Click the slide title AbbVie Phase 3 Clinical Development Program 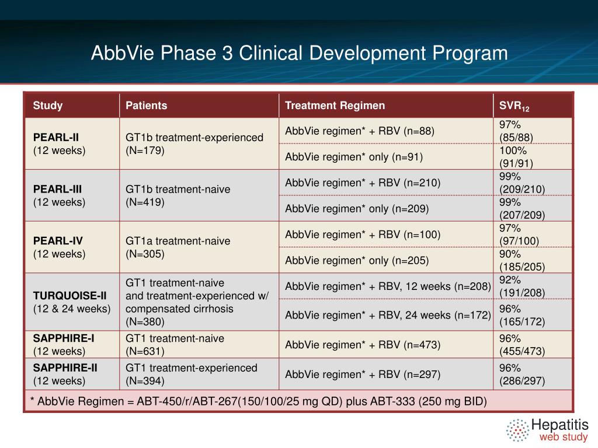tap(299, 54)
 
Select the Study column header tap(48, 106)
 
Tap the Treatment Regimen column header tap(335, 106)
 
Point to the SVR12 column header tap(514, 106)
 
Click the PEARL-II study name tap(56, 138)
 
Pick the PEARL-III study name tap(58, 189)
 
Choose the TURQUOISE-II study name tap(65, 296)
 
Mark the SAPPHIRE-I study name tap(64, 338)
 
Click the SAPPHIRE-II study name tap(65, 368)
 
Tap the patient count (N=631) tap(145, 351)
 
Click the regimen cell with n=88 tap(360, 131)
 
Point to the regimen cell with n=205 tap(357, 260)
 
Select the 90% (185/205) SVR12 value tap(522, 260)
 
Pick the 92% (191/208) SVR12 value tap(522, 286)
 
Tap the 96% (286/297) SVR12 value tap(522, 374)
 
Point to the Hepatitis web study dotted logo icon tap(517, 430)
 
